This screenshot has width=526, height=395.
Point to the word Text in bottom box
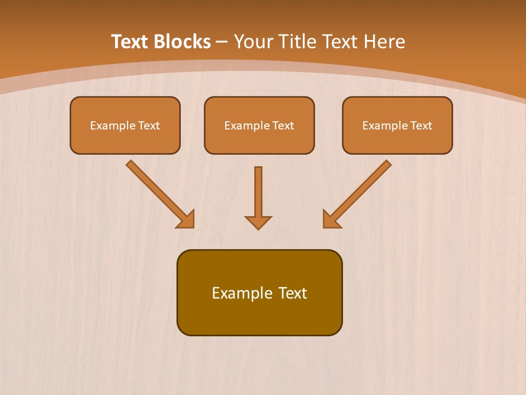(293, 293)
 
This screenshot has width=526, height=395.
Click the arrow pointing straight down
(258, 192)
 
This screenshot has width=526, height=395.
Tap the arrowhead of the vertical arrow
(258, 222)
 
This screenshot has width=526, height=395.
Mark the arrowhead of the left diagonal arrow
(186, 219)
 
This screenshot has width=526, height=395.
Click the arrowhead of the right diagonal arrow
(331, 219)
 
